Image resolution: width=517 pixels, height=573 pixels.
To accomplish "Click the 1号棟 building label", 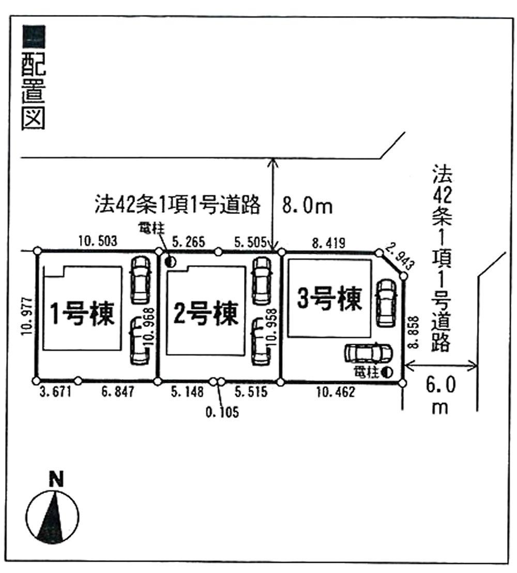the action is (82, 313).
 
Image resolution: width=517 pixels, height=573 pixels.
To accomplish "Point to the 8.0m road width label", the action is (306, 206).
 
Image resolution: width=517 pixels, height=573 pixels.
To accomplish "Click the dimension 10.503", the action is (98, 240).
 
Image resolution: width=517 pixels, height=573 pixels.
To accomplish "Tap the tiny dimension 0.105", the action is (222, 413).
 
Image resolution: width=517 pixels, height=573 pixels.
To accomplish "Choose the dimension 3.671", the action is (54, 393).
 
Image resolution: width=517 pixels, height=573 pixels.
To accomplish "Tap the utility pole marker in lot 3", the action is (386, 371).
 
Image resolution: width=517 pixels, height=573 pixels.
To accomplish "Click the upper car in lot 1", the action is (139, 280).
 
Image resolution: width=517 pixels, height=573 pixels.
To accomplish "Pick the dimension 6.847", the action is (117, 393).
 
